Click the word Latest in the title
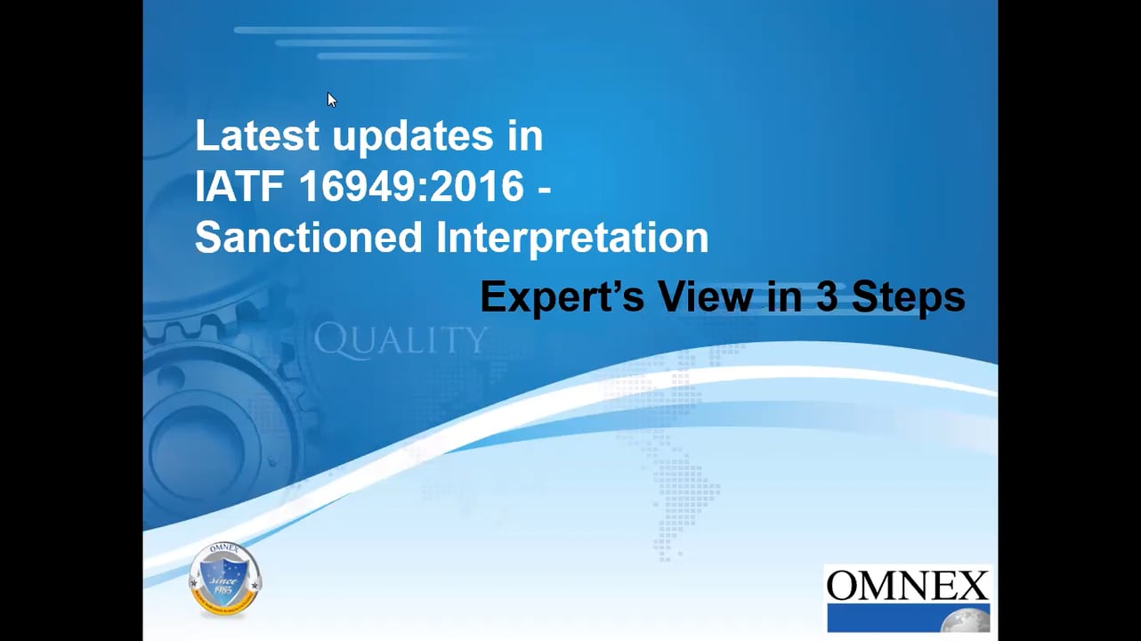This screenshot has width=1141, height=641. (x=257, y=136)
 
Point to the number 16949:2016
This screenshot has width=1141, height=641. (x=411, y=187)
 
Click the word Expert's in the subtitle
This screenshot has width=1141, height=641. (x=562, y=298)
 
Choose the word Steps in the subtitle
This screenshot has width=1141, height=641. (x=908, y=298)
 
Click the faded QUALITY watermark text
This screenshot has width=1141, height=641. (x=401, y=340)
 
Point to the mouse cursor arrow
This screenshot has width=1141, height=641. (x=331, y=99)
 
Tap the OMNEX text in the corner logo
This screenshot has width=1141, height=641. (x=907, y=586)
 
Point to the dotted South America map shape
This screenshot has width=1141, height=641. (x=685, y=499)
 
